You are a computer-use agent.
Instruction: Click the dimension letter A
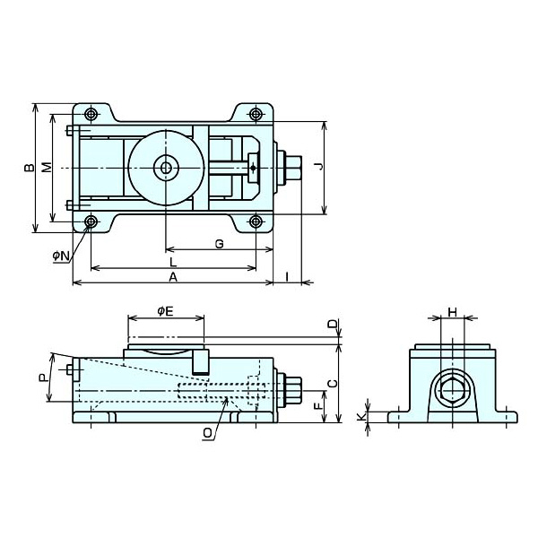click(x=173, y=276)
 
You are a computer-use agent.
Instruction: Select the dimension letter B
click(x=30, y=168)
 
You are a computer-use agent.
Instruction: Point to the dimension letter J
click(x=319, y=167)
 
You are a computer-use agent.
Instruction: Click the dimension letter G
click(x=219, y=244)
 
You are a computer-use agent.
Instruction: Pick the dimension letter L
click(x=173, y=263)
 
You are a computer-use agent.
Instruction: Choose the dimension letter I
click(x=287, y=276)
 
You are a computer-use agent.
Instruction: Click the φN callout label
click(x=61, y=256)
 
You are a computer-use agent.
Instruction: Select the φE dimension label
click(x=165, y=311)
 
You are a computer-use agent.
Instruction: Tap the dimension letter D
click(x=332, y=325)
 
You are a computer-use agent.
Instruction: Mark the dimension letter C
click(x=333, y=383)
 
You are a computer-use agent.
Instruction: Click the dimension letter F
click(x=318, y=406)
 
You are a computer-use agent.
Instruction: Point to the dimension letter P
click(x=42, y=378)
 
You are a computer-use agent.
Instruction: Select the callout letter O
click(x=208, y=433)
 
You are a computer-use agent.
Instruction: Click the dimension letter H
click(x=453, y=312)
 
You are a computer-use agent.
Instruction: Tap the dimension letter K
click(x=361, y=417)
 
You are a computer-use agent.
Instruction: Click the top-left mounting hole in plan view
click(x=91, y=114)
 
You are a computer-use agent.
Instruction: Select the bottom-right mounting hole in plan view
click(x=256, y=221)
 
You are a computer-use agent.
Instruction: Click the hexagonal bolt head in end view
click(x=453, y=390)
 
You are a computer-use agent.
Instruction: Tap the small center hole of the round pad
click(x=167, y=169)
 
